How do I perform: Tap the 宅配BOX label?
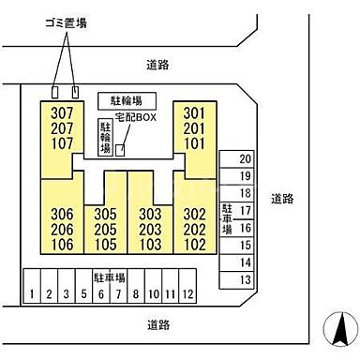[x=134, y=117]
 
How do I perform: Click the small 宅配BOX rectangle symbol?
[x=119, y=149]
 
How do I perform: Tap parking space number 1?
[x=32, y=292]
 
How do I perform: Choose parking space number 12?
[x=188, y=292]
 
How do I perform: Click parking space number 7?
[x=117, y=292]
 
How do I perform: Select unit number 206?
[x=58, y=230]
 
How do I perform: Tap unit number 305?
[x=105, y=215]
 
